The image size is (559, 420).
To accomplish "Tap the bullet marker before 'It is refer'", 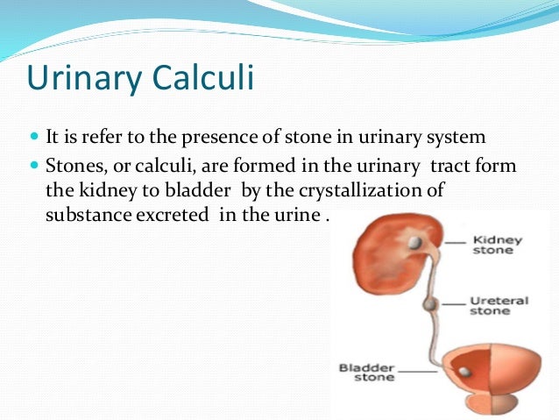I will (34, 139).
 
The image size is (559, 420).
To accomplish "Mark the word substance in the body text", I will (81, 215).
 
